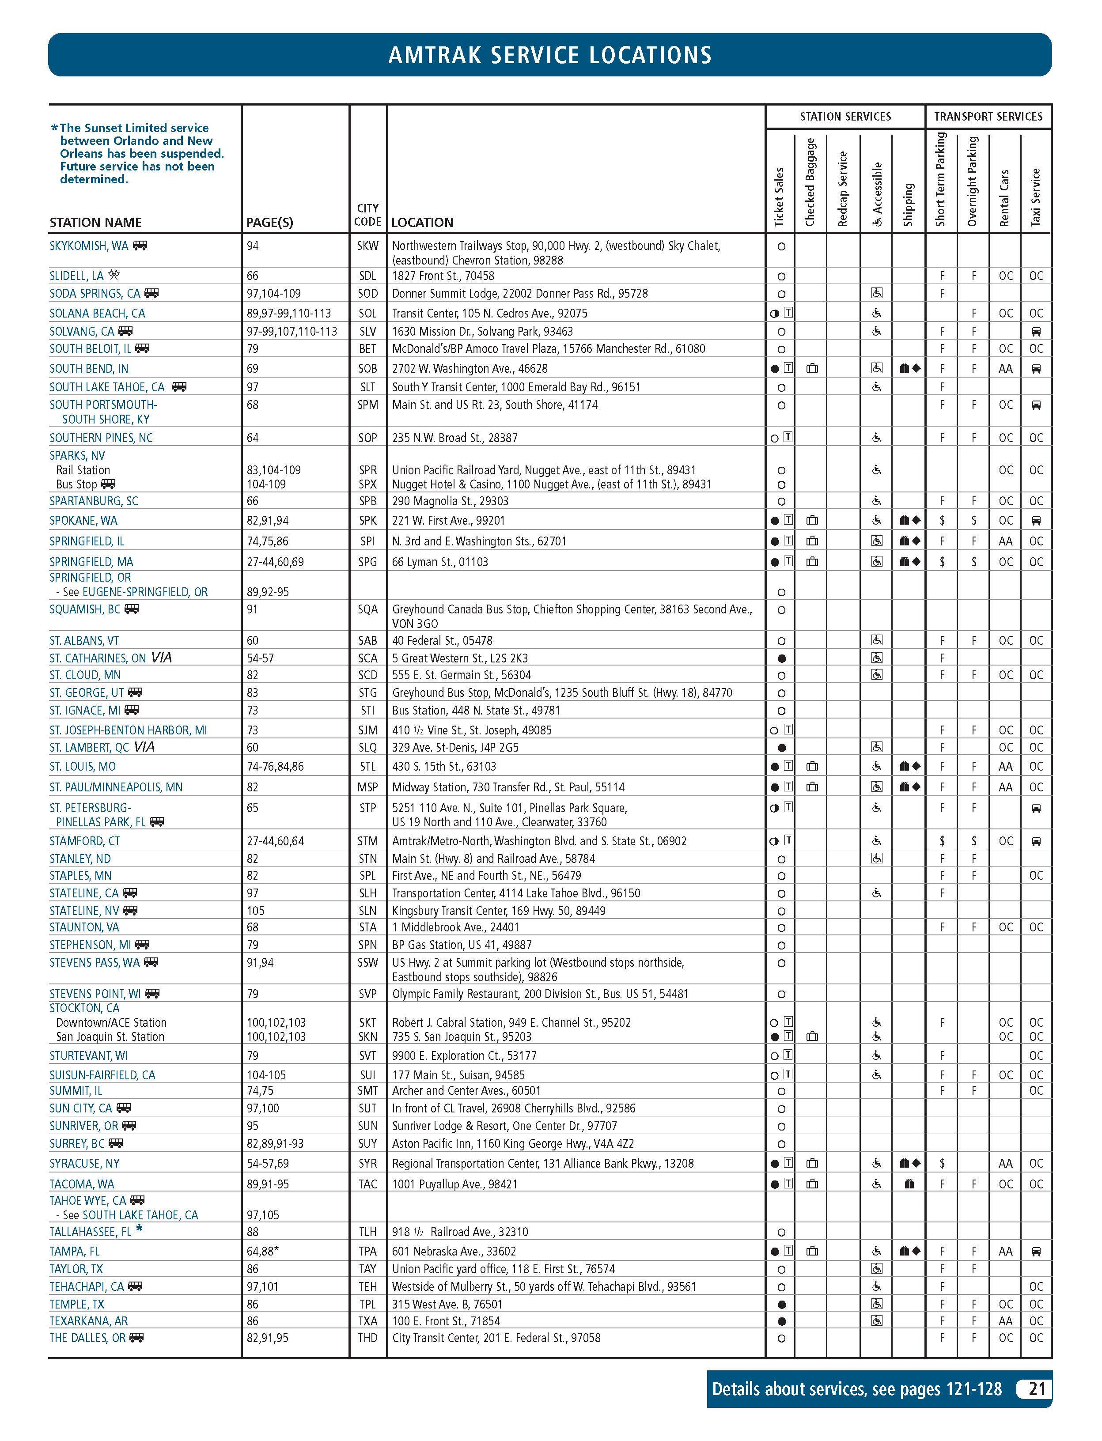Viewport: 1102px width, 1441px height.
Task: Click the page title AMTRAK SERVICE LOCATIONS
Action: coord(550,55)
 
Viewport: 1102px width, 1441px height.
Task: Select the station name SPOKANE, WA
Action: coord(83,521)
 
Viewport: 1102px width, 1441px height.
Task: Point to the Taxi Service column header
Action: coord(1036,197)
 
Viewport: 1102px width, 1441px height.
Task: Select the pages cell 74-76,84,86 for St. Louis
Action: coord(275,766)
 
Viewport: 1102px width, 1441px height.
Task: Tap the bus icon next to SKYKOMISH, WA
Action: coord(140,246)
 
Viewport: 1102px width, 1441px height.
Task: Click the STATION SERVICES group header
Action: coord(845,117)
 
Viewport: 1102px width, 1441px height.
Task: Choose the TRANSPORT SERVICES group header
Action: coord(988,117)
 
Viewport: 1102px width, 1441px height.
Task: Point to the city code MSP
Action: coord(367,787)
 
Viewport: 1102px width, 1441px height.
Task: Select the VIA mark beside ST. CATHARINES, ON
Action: coord(161,658)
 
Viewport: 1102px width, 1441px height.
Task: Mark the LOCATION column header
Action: coord(422,222)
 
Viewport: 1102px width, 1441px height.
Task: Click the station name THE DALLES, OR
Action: coord(87,1338)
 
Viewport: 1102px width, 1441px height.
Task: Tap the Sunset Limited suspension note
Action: coord(138,154)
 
